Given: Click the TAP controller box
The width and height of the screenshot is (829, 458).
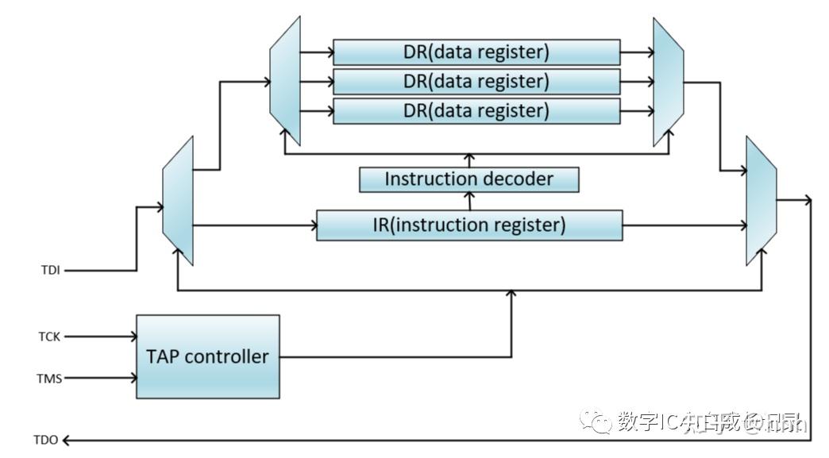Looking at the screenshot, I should point(207,356).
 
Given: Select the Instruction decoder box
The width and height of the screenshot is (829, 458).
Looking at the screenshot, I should point(468,179).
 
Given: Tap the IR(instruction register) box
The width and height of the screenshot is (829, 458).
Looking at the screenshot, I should point(468,225).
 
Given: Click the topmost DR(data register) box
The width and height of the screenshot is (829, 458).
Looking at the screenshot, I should point(476,52).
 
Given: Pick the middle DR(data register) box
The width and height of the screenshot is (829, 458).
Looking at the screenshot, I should point(476,81).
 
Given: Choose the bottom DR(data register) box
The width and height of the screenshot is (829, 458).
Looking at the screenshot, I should point(476,110).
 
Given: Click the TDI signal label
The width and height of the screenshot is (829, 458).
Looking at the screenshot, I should point(50,271).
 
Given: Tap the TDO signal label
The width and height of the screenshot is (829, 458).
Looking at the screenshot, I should point(45,440).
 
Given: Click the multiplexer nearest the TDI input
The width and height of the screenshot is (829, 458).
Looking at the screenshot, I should point(178,200).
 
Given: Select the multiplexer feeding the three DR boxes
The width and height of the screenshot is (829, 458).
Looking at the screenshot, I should point(285,81).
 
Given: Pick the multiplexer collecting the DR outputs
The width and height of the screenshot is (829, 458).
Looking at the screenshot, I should point(668,82).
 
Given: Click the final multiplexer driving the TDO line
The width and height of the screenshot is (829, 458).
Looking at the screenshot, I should point(761,200).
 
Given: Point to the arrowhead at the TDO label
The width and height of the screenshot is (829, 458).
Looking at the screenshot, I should point(67,440).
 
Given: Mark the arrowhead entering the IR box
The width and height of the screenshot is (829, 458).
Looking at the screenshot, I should point(312,226).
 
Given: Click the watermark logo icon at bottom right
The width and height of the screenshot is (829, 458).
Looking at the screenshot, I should point(596,421).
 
